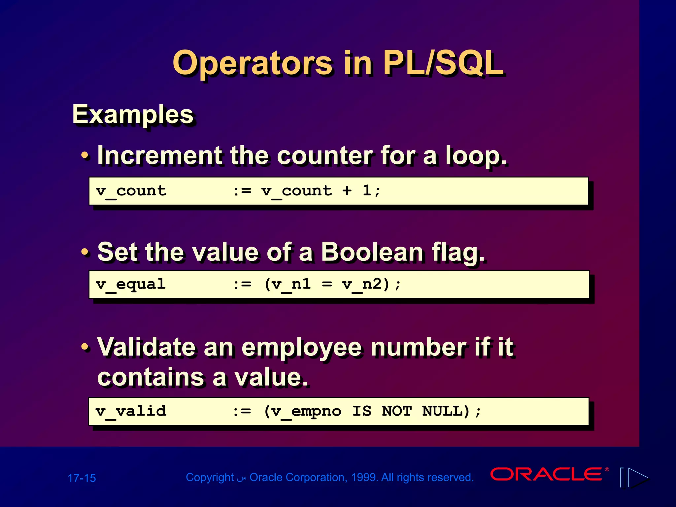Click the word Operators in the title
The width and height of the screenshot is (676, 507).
[x=253, y=63]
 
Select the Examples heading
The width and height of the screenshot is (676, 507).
[x=133, y=115]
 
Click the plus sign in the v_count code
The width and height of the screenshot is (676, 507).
[x=347, y=191]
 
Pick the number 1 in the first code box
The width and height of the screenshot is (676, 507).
[x=367, y=190]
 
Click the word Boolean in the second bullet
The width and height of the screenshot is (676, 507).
[x=372, y=252]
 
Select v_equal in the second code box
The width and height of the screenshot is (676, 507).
[x=131, y=285]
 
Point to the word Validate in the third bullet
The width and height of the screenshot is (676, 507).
[x=146, y=347]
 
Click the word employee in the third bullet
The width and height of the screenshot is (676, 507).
[x=302, y=348]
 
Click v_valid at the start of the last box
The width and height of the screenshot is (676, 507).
[x=131, y=412]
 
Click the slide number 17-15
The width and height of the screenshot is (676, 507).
[x=82, y=478]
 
